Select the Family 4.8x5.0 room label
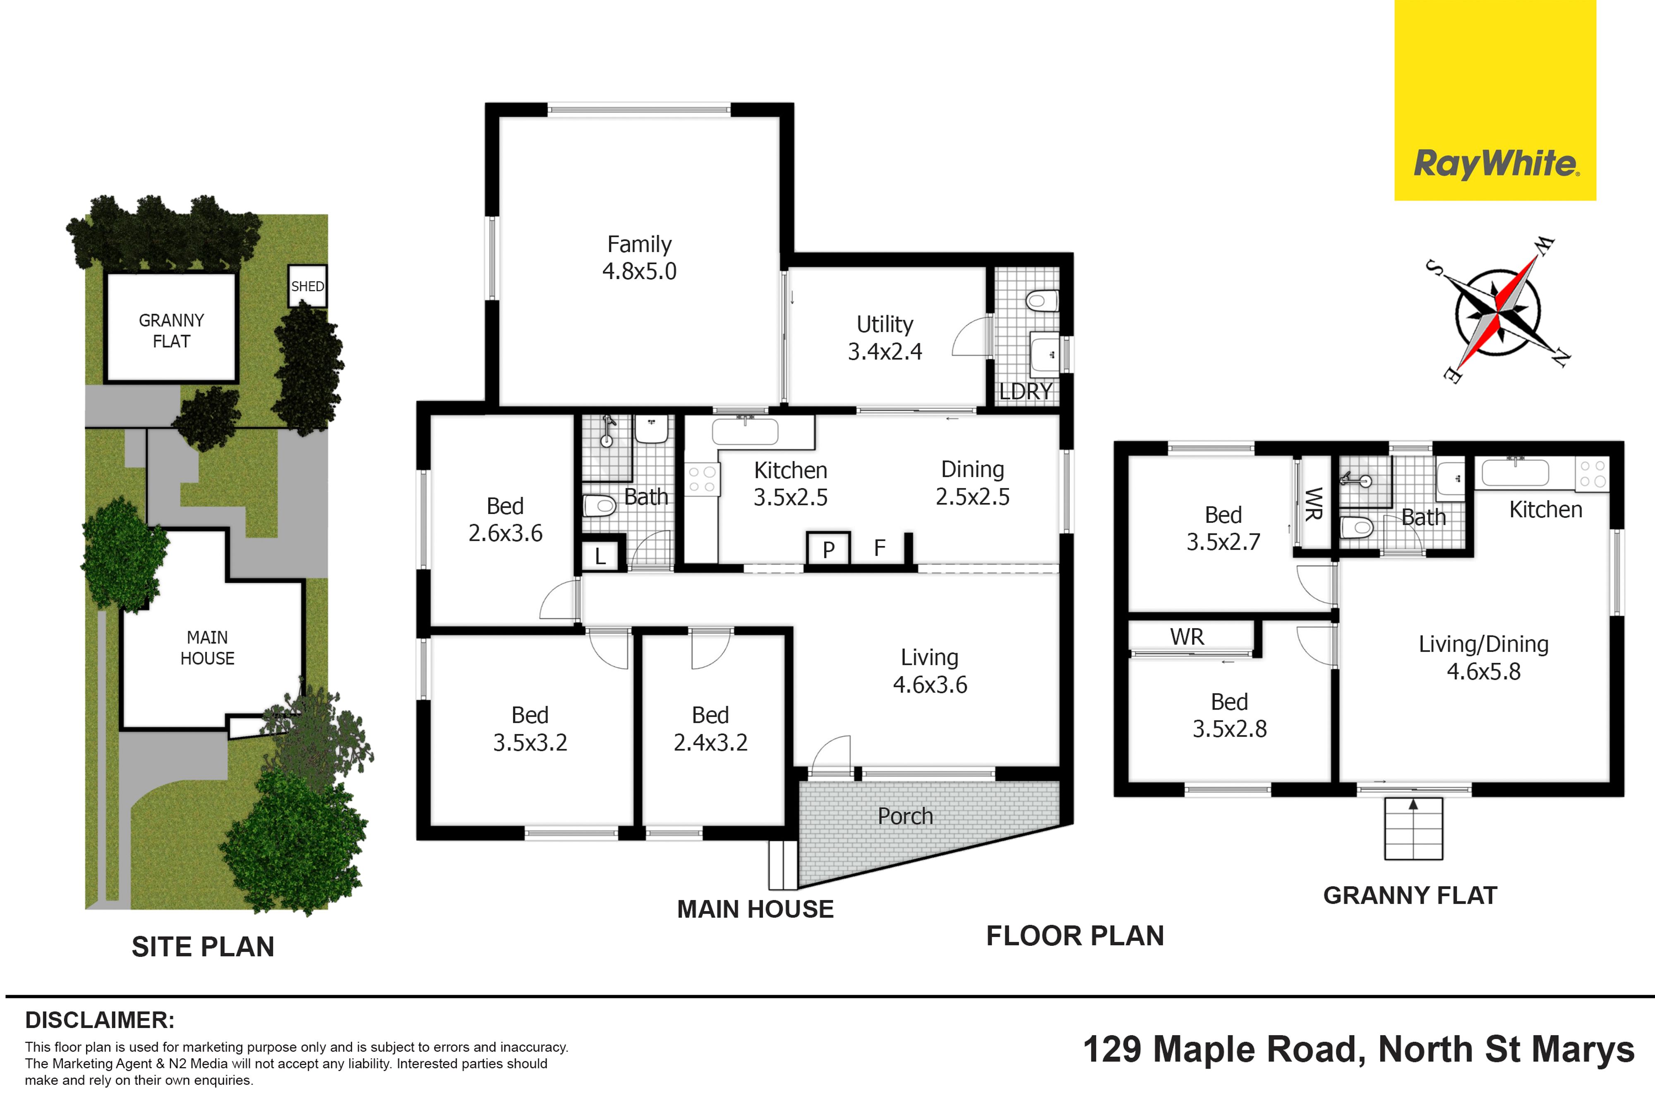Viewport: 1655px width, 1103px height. click(x=639, y=258)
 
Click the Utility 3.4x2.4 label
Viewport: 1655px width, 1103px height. click(x=885, y=337)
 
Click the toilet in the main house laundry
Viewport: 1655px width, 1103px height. click(x=1042, y=302)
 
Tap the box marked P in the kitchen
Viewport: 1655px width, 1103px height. click(x=828, y=548)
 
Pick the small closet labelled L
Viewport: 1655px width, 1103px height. click(x=600, y=554)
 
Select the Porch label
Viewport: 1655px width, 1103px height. click(x=905, y=816)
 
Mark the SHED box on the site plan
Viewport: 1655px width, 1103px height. click(x=307, y=286)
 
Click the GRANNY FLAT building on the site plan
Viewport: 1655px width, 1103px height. click(x=171, y=328)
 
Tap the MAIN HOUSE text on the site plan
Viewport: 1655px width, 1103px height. click(x=207, y=648)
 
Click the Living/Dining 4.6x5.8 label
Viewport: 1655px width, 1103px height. click(x=1483, y=658)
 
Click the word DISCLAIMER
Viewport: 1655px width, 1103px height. click(x=100, y=1020)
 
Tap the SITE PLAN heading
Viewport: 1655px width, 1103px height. click(x=203, y=947)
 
